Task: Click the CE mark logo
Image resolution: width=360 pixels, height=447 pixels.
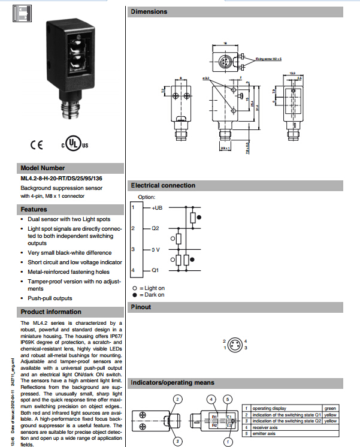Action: point(36,144)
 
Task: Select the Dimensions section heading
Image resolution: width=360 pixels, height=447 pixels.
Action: point(150,11)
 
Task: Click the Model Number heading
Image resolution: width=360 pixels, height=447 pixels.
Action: point(43,168)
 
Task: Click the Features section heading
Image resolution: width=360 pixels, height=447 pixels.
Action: point(34,210)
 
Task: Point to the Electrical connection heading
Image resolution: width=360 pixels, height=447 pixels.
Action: point(163,185)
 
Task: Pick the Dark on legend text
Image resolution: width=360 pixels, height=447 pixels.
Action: point(151,295)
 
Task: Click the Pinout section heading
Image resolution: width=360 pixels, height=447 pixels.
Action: point(141,307)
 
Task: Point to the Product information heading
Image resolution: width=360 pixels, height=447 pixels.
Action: point(51,312)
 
